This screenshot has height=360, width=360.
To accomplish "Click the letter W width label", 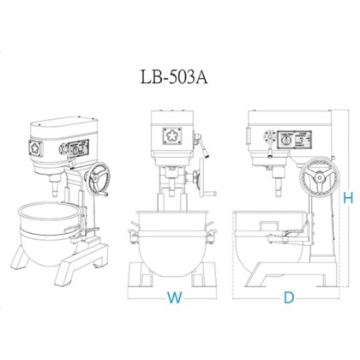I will tap(175, 299).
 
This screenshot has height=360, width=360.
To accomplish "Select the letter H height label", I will tap(348, 198).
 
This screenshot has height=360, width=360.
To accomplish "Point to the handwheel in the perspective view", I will tap(99, 177).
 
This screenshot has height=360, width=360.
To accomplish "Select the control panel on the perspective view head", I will tap(75, 147).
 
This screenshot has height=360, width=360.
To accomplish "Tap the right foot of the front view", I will tap(207, 275).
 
